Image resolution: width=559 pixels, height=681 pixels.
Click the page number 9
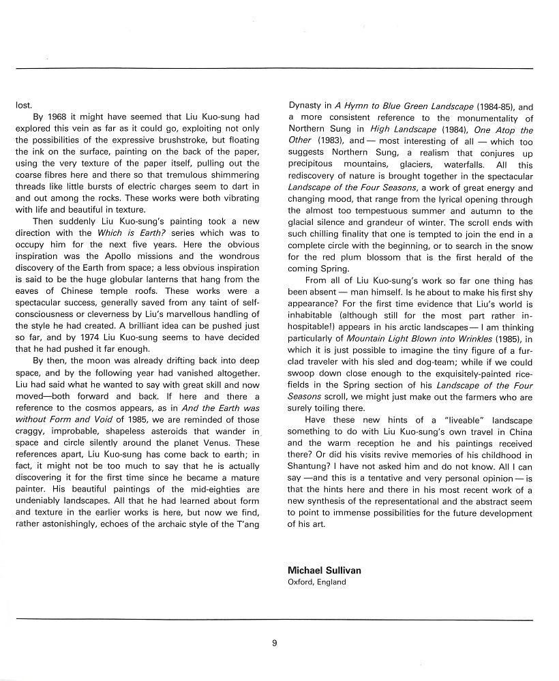click(274, 641)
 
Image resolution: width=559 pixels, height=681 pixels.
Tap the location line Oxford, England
click(317, 582)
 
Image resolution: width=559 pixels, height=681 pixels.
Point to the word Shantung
click(307, 466)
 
